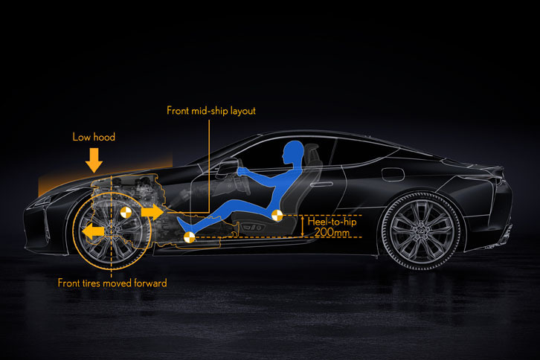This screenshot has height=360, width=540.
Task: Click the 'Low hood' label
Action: click(94, 137)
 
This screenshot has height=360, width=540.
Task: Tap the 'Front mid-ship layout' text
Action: click(210, 112)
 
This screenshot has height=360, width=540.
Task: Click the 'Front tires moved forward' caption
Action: click(112, 283)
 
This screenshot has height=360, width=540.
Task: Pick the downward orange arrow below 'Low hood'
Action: click(94, 159)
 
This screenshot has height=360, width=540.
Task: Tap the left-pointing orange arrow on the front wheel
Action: click(93, 232)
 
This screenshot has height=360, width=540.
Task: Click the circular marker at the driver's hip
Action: click(277, 216)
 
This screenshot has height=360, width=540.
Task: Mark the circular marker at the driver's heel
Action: click(189, 237)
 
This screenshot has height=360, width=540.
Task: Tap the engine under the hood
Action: click(134, 190)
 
